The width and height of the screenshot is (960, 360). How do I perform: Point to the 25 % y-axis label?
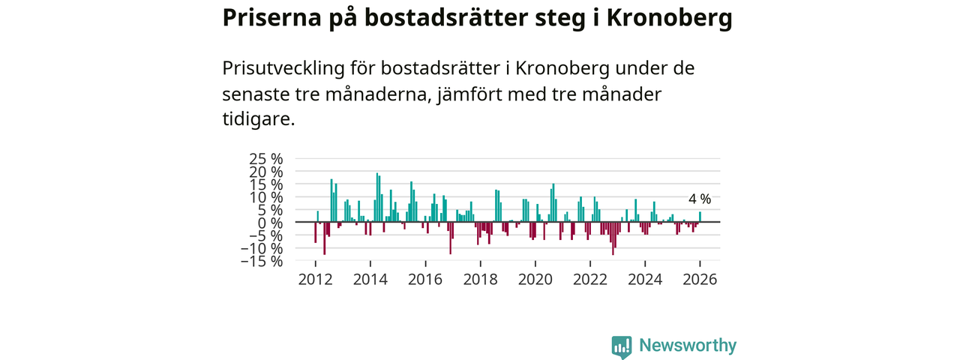pyautogui.click(x=266, y=159)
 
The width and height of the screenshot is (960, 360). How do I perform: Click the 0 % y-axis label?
pyautogui.click(x=272, y=223)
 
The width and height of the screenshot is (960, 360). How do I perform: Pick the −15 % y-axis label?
pyautogui.click(x=262, y=261)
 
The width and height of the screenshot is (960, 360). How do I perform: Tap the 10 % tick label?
pyautogui.click(x=266, y=197)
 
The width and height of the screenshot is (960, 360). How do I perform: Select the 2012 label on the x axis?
pyautogui.click(x=315, y=279)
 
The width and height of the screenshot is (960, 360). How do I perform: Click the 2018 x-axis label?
pyautogui.click(x=480, y=279)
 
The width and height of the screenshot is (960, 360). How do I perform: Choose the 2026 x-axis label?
pyautogui.click(x=700, y=279)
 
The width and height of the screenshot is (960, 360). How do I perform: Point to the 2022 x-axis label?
pyautogui.click(x=590, y=279)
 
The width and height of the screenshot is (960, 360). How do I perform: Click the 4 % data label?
pyautogui.click(x=700, y=199)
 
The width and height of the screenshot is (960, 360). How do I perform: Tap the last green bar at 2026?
pyautogui.click(x=700, y=217)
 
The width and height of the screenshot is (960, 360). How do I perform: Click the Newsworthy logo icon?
pyautogui.click(x=621, y=346)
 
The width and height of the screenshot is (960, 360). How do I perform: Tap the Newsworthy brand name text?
pyautogui.click(x=688, y=346)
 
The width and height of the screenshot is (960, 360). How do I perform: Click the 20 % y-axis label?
pyautogui.click(x=266, y=172)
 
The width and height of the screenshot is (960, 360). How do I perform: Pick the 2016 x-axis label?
pyautogui.click(x=425, y=279)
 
